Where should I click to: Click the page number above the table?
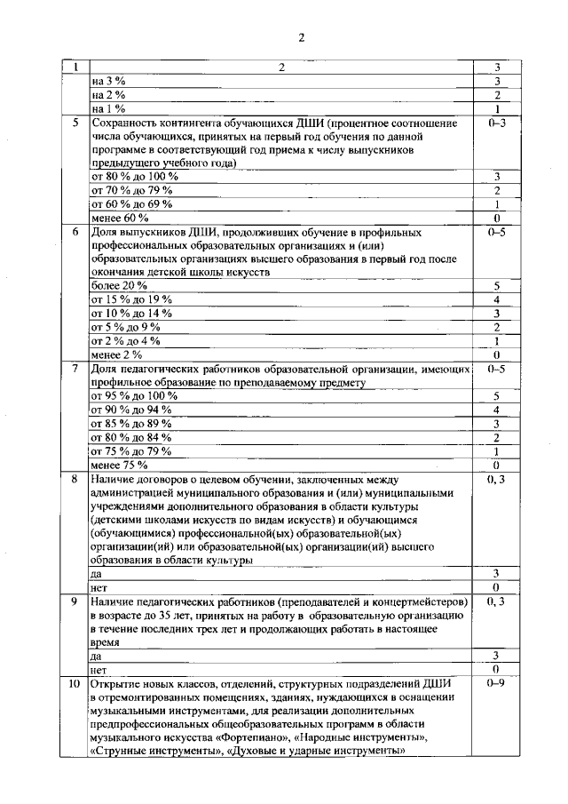click(301, 36)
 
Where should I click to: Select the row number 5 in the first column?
click(76, 123)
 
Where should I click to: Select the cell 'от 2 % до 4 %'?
click(126, 340)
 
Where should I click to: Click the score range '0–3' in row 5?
click(497, 123)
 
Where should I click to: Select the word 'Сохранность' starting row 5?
click(124, 123)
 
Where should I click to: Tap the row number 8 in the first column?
click(76, 479)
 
